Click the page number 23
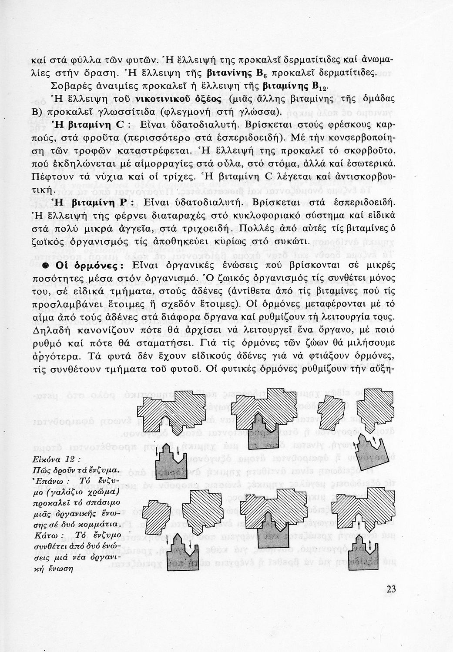[x=390, y=589]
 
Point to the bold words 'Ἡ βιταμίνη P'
[x=88, y=203]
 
